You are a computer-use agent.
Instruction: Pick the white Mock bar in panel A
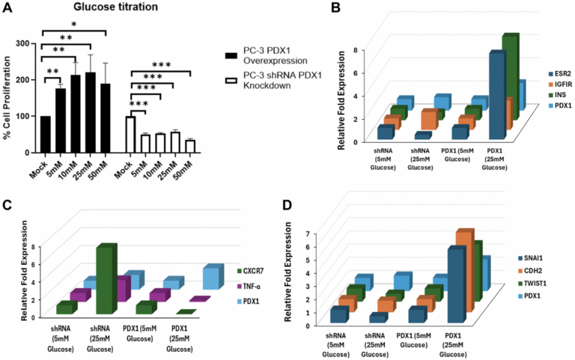click(130, 134)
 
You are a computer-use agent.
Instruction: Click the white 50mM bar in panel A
click(191, 146)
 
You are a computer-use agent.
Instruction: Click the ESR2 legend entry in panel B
click(555, 73)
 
